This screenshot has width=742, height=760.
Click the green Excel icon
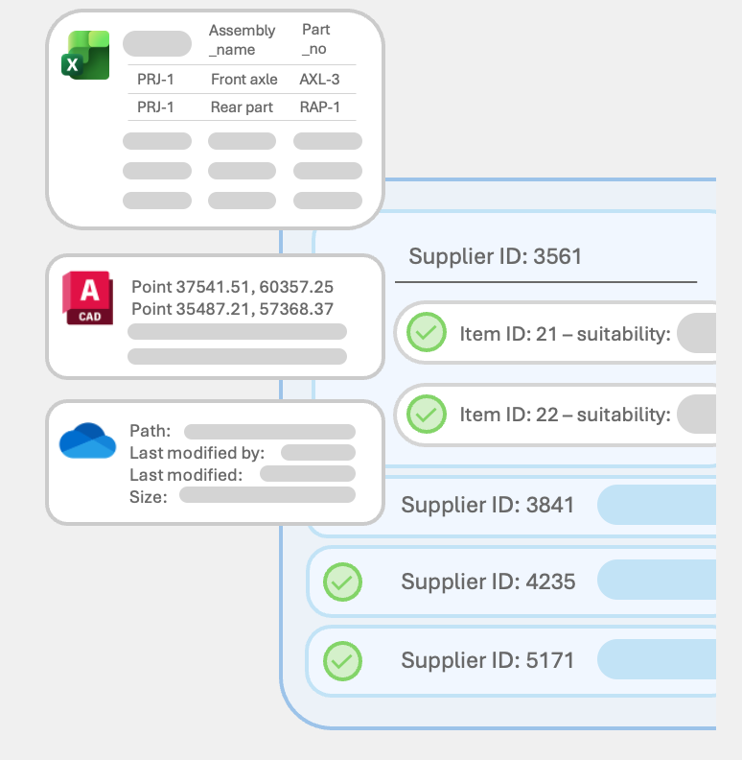click(x=85, y=55)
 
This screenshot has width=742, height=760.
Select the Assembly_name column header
click(x=242, y=40)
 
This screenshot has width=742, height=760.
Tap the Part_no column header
click(x=315, y=40)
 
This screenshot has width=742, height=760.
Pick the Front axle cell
click(x=243, y=80)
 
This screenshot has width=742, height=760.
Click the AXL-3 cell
click(x=319, y=80)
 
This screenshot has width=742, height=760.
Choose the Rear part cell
click(x=242, y=107)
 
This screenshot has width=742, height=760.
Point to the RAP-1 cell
click(x=319, y=107)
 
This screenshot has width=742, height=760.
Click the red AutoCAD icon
click(x=88, y=297)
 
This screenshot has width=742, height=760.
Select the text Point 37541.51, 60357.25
click(x=232, y=287)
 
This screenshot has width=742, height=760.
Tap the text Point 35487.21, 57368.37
click(x=232, y=309)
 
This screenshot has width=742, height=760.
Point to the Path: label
click(x=150, y=432)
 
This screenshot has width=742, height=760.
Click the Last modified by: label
click(x=197, y=453)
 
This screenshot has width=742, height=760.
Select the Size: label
click(x=148, y=496)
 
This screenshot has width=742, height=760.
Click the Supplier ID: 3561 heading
click(x=495, y=256)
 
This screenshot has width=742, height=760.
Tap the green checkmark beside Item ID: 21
click(x=427, y=333)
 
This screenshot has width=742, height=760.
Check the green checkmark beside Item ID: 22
click(x=427, y=414)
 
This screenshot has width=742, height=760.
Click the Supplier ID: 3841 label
click(x=487, y=504)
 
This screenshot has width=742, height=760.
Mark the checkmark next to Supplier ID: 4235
click(x=342, y=581)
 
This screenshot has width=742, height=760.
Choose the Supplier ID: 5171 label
click(x=487, y=660)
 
